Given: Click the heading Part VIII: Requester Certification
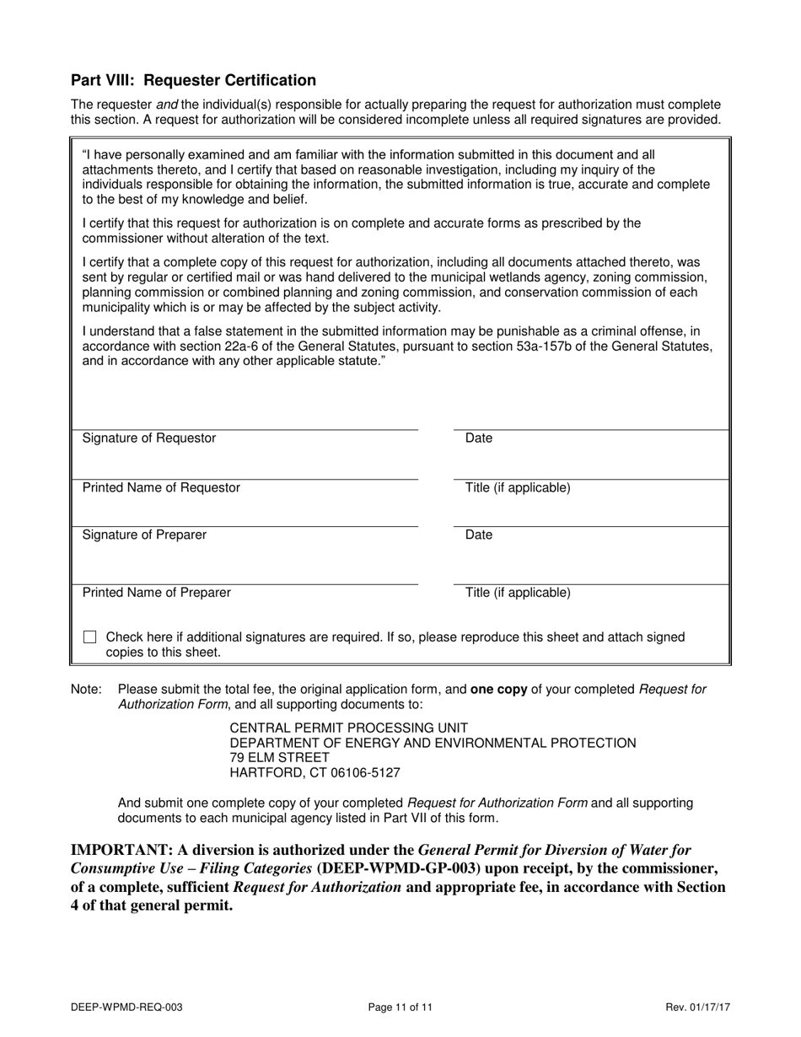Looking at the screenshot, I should [x=193, y=80].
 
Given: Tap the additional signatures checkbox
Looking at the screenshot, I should [x=89, y=637].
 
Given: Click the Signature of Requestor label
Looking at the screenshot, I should [x=148, y=438].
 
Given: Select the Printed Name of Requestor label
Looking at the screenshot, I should [x=161, y=488].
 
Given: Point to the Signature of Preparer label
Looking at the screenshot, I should [x=144, y=535].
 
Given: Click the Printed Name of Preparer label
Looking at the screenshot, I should [x=156, y=593].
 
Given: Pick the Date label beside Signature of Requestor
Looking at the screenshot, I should [x=479, y=438].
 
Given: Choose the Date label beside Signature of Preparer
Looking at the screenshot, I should [x=479, y=535].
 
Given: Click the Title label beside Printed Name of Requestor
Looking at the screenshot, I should [x=518, y=488].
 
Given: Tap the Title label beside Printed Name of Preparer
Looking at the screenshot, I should [x=518, y=593].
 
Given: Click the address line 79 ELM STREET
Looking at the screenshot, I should [x=280, y=757].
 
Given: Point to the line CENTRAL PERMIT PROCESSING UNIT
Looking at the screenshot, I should [x=349, y=728].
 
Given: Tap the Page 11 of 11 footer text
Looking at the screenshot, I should [x=400, y=1007].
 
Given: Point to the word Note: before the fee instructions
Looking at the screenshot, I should [x=86, y=690].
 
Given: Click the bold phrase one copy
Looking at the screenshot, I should [x=498, y=690].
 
